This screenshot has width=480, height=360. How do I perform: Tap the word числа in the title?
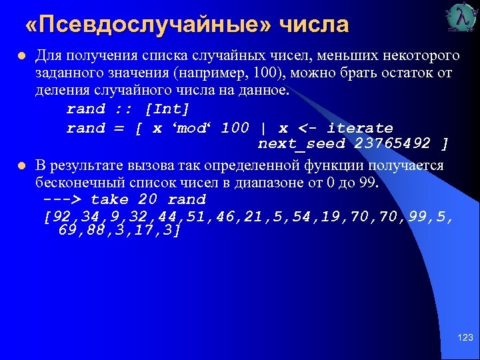[x=314, y=25]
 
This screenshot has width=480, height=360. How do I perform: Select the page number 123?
[x=465, y=338]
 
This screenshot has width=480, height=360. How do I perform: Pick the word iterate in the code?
[x=360, y=127]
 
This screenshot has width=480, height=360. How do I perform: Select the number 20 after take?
[x=147, y=199]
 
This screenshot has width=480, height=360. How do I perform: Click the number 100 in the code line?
[x=235, y=127]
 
